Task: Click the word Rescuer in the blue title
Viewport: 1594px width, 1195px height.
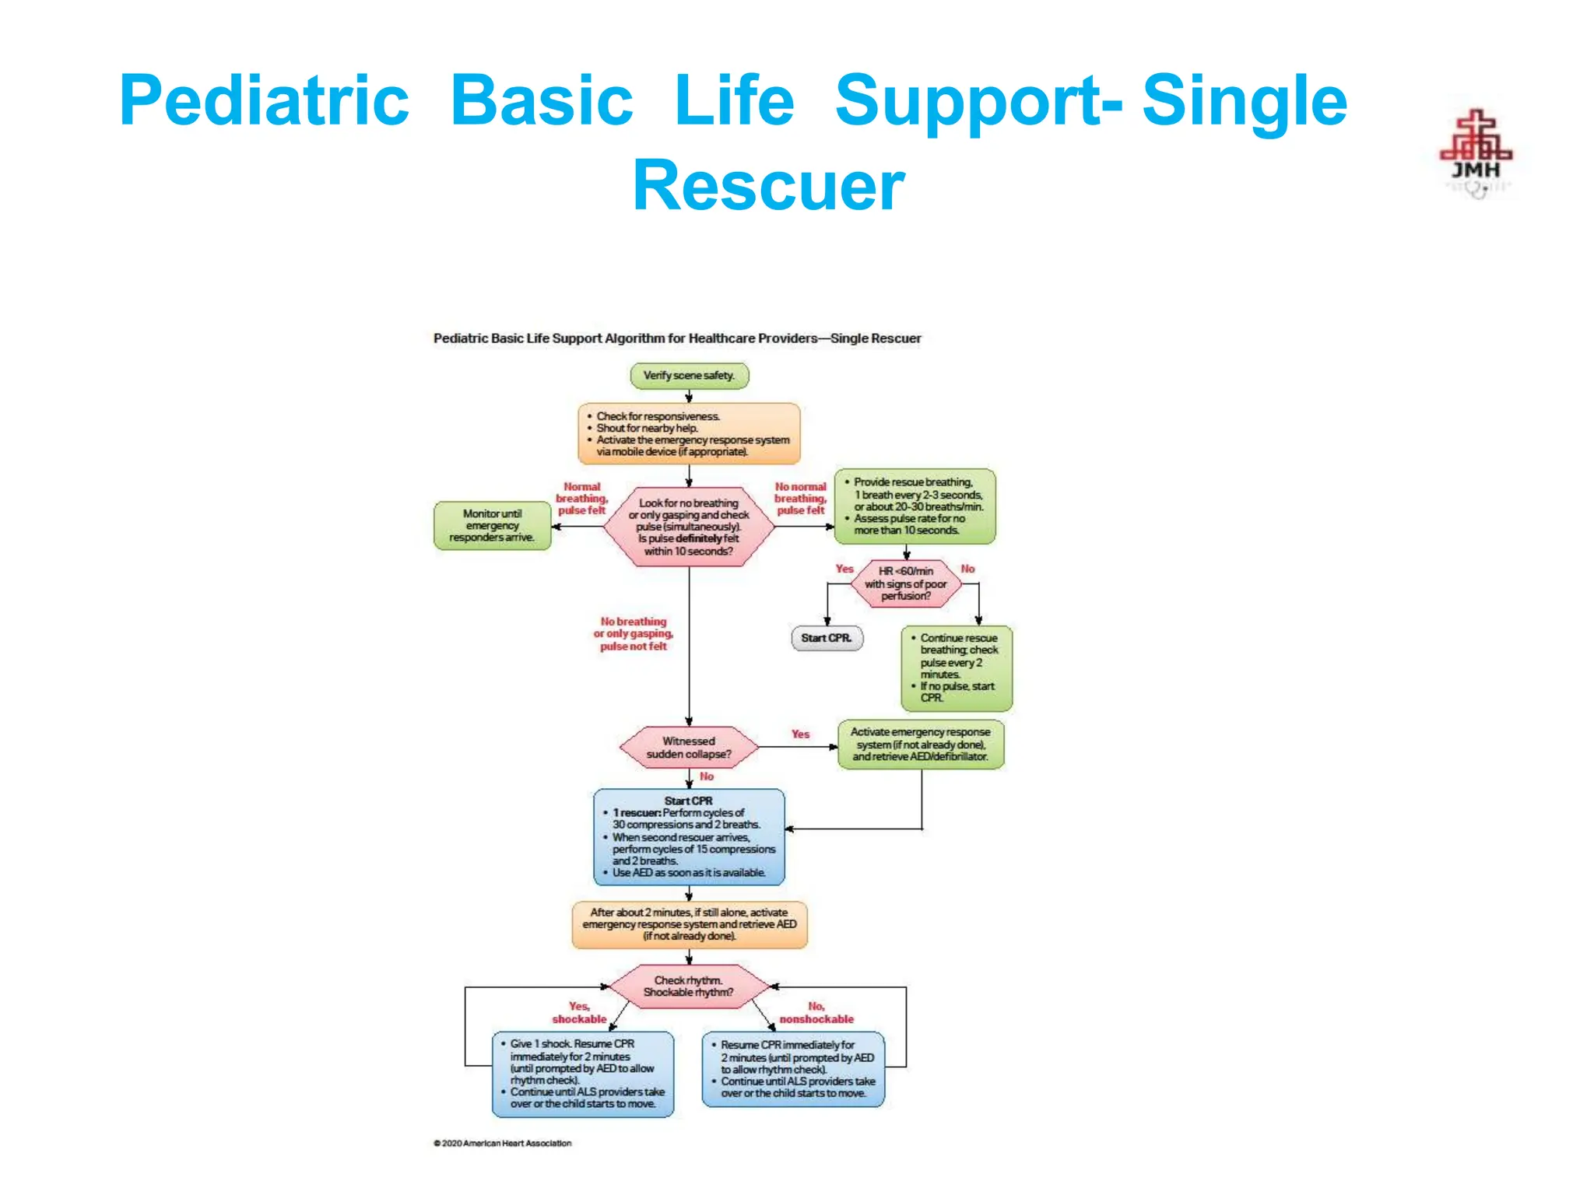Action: point(768,186)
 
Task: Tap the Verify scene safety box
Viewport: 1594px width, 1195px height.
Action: point(689,376)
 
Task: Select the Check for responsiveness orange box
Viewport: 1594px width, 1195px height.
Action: point(689,433)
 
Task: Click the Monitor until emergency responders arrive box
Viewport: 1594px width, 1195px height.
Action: point(492,526)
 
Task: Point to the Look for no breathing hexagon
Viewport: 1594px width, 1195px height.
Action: point(689,527)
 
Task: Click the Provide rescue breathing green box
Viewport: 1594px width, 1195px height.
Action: point(915,506)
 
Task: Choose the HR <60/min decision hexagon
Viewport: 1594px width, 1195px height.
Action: point(905,583)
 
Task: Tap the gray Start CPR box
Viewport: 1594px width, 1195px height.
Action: point(827,638)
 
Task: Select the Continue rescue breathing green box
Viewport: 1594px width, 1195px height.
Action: point(957,668)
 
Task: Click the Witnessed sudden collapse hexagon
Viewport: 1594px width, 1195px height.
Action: point(689,748)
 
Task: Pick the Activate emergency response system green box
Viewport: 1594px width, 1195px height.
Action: point(921,745)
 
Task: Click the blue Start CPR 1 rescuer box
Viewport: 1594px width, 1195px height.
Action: point(689,837)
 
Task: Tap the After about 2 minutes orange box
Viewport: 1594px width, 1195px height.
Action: point(689,924)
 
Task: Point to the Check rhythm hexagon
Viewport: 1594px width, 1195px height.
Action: point(689,986)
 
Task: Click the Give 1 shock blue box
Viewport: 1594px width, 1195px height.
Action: point(583,1074)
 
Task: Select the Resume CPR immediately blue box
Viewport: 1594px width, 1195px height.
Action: point(793,1069)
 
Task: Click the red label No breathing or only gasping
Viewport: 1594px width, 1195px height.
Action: point(634,634)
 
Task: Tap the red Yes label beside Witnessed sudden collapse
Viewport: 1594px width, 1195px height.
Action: point(800,734)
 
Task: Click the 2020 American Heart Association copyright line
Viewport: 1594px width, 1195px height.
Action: point(503,1143)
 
